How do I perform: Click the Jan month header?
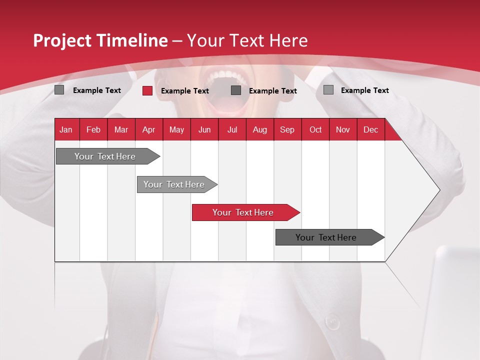66,129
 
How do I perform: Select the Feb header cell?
93,129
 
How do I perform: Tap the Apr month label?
148,129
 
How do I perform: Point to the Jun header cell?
204,129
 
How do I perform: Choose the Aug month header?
259,129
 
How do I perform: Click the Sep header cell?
287,129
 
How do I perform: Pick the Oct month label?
315,129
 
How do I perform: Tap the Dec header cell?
370,129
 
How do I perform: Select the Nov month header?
343,129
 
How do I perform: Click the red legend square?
147,90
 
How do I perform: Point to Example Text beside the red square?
185,91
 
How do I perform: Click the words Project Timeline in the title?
100,40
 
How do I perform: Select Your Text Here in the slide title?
247,40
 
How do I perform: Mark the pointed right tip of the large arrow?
439,190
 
